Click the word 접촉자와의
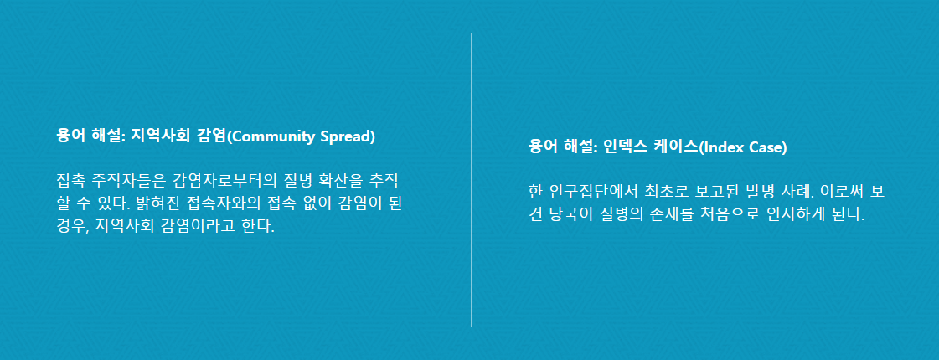(x=224, y=203)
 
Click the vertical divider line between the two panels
(x=472, y=180)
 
